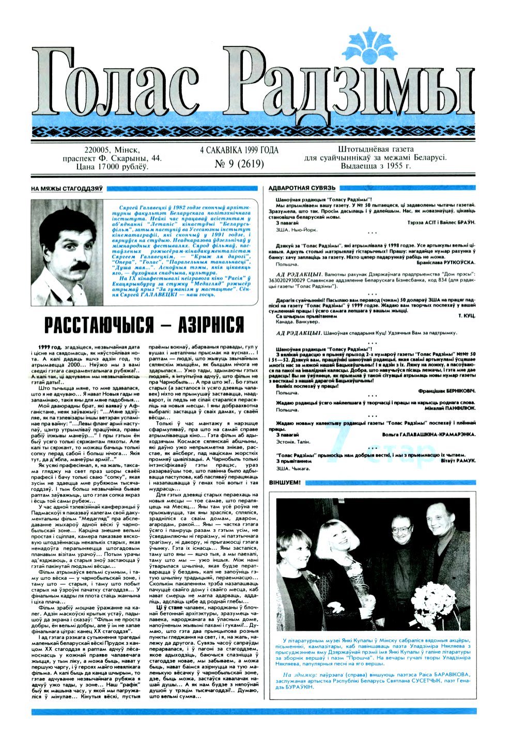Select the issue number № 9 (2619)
point(239,164)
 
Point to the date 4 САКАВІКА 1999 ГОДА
point(239,150)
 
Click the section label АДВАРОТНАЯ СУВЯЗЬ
point(302,188)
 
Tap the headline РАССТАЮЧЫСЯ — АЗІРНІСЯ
point(144,325)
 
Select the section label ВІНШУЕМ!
point(285,483)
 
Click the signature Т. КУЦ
point(467,314)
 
